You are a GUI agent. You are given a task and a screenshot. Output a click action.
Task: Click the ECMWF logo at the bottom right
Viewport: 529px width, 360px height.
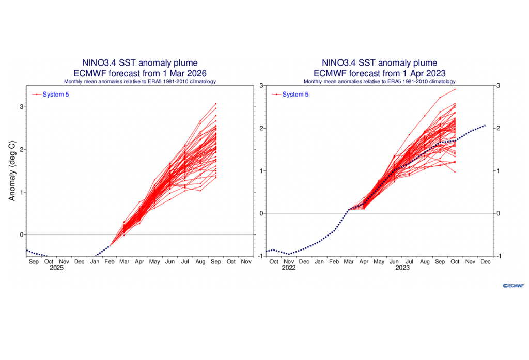[x=513, y=285]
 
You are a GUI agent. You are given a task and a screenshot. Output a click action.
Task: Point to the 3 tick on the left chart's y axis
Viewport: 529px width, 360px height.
[x=22, y=107]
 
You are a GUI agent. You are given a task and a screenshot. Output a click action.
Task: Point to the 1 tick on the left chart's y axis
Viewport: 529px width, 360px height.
[x=22, y=192]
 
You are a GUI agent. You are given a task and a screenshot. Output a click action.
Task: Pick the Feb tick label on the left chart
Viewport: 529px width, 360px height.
[x=110, y=262]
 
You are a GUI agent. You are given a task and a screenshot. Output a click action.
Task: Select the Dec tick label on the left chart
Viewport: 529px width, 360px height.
[x=79, y=262]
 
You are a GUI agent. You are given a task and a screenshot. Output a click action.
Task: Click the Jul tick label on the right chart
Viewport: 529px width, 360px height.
[x=410, y=262]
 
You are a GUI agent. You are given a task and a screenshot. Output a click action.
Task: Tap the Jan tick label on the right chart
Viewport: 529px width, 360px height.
[x=319, y=262]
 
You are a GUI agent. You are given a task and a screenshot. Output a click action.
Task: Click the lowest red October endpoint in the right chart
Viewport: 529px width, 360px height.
[x=455, y=172]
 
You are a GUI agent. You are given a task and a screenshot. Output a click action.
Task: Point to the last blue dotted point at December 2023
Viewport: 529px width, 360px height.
[x=485, y=126]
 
